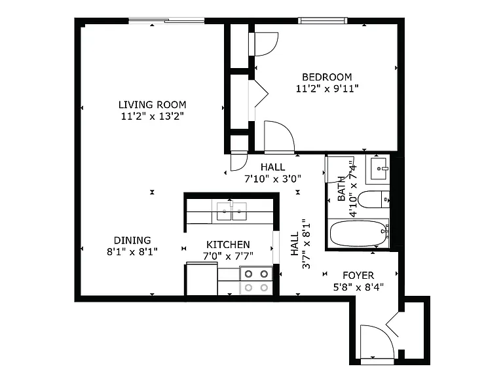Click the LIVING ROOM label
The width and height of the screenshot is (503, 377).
click(153, 105)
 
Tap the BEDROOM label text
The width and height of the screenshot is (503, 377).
click(327, 77)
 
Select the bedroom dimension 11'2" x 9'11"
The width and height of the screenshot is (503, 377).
click(327, 88)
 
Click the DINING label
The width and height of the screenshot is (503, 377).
click(132, 240)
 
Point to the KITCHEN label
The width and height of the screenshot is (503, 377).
click(228, 245)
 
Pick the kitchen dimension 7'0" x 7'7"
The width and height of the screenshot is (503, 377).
click(228, 256)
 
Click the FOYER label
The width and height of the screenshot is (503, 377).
click(358, 276)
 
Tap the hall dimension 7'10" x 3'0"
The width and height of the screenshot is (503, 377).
click(272, 179)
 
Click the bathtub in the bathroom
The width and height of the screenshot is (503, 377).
click(360, 233)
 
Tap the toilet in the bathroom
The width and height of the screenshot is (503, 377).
click(373, 200)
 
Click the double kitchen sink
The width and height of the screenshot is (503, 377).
click(232, 211)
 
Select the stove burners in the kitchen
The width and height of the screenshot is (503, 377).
click(256, 281)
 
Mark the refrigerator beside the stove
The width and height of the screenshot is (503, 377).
click(202, 279)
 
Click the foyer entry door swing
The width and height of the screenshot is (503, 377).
click(377, 342)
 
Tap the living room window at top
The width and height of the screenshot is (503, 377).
click(166, 21)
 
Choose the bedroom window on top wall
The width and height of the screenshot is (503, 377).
click(323, 20)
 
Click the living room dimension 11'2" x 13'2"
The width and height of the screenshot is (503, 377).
click(153, 116)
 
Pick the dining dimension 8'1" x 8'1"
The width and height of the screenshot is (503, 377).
click(132, 251)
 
